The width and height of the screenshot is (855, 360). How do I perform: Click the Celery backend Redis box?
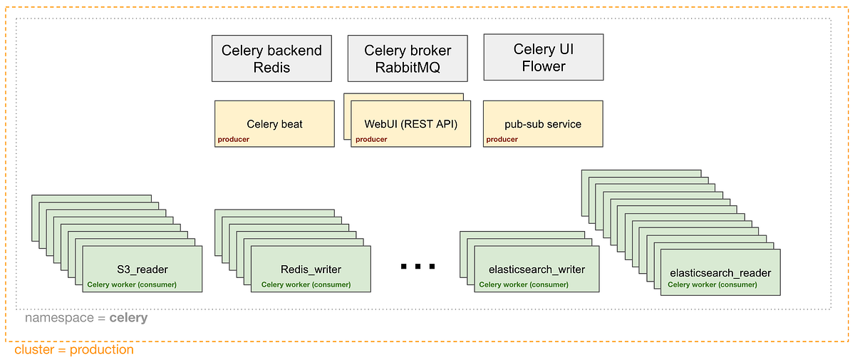(271, 59)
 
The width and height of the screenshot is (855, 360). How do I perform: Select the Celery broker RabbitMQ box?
(407, 59)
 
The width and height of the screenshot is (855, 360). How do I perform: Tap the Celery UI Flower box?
(543, 58)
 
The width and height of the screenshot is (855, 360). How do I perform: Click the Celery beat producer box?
(274, 124)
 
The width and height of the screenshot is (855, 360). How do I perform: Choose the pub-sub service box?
(543, 124)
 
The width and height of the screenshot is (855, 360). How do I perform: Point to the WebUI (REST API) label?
(410, 124)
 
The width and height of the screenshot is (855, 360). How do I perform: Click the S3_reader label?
(142, 269)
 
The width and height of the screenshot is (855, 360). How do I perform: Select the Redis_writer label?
(311, 269)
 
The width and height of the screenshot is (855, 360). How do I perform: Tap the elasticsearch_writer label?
(537, 269)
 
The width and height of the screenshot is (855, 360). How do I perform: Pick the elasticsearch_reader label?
(720, 273)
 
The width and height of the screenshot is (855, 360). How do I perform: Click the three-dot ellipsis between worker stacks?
(418, 267)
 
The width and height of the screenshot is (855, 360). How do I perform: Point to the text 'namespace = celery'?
(86, 318)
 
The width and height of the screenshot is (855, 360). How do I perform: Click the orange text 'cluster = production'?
(73, 350)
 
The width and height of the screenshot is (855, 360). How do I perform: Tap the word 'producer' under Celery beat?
(233, 140)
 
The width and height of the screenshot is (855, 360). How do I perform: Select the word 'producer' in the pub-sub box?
(502, 140)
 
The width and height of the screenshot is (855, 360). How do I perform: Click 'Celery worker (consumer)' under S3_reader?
(132, 284)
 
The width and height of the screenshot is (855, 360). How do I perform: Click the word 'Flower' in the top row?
(543, 66)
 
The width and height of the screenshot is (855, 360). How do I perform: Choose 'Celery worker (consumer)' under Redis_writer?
(306, 284)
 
